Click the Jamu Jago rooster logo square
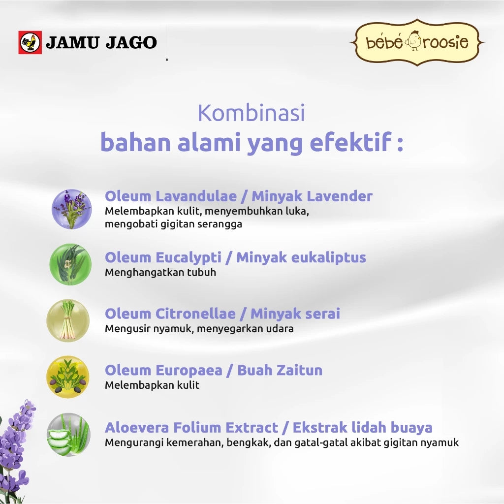[30, 42]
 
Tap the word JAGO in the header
[129, 43]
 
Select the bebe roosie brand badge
[417, 42]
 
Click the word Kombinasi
[251, 113]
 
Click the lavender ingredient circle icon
[72, 209]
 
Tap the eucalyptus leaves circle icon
[70, 264]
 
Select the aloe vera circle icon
[68, 434]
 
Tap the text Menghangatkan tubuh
[160, 272]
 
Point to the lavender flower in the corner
[17, 448]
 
